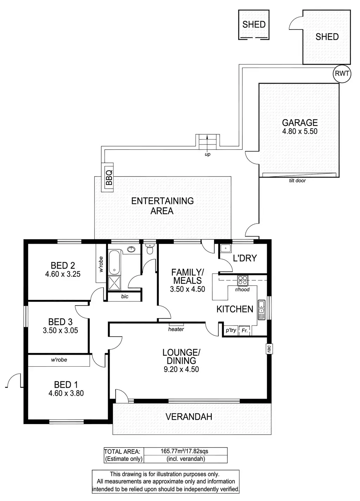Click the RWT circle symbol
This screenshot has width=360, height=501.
pos(342,73)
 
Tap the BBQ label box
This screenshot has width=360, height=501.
pos(109,177)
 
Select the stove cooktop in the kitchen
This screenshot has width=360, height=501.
pos(243,281)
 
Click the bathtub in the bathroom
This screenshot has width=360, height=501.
pos(114,262)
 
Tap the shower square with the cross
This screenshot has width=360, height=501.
pos(114,283)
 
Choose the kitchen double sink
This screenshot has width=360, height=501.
pos(261,309)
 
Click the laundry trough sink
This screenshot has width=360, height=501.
pos(225,249)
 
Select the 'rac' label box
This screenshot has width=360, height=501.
pos(269,348)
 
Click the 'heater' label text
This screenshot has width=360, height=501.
pos(176,329)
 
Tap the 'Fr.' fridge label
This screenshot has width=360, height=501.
pos(245,330)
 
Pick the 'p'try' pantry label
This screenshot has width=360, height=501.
pos(231,330)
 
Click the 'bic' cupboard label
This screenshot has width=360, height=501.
pos(124,296)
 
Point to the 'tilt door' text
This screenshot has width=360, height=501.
pos(297,181)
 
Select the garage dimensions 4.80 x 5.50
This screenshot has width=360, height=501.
pos(300,131)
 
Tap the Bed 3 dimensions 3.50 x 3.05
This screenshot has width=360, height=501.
pos(60,330)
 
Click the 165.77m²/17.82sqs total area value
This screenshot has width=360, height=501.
pos(184,451)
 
